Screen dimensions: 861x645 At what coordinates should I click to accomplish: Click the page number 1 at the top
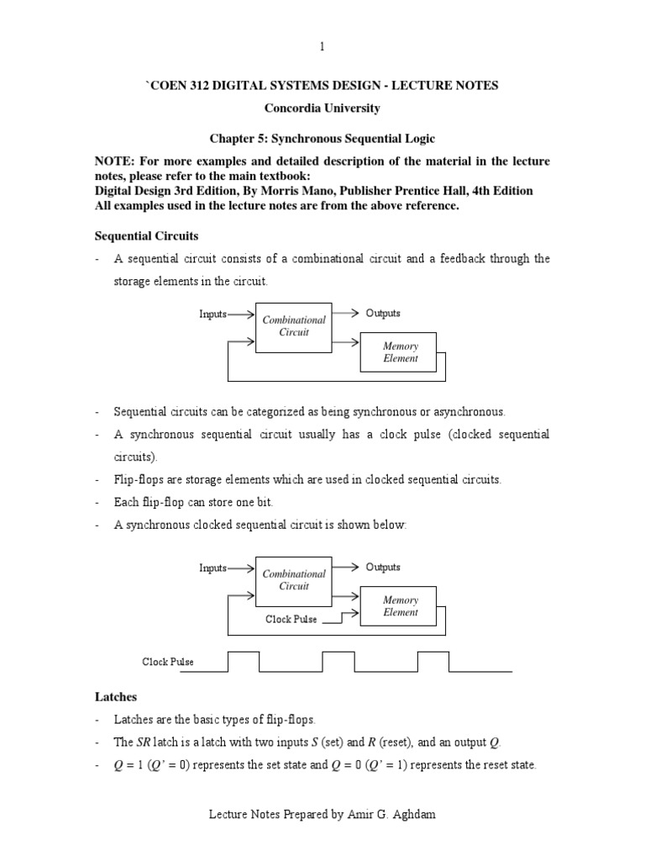(x=322, y=46)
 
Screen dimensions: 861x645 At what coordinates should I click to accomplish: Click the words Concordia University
(x=322, y=108)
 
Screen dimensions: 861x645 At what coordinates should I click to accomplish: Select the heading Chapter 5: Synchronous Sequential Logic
(x=322, y=138)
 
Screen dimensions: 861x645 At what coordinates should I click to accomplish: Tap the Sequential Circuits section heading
(x=146, y=237)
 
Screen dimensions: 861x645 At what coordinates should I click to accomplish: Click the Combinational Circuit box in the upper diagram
(x=293, y=326)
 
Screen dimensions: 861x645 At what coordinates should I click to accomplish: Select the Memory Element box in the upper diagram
(x=400, y=351)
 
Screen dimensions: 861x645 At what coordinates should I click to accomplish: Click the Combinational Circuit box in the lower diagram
(x=293, y=580)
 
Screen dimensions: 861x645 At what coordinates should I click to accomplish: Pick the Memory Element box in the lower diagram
(x=400, y=606)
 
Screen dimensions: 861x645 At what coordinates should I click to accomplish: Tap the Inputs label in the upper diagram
(x=212, y=314)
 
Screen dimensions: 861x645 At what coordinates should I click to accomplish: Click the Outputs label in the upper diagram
(x=383, y=314)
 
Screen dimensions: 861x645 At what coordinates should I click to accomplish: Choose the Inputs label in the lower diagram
(x=212, y=568)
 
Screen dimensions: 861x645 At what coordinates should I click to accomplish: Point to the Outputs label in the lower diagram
(x=383, y=568)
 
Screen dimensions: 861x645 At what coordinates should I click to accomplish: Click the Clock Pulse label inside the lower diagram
(x=291, y=620)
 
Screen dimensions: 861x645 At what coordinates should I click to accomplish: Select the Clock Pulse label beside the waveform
(x=168, y=663)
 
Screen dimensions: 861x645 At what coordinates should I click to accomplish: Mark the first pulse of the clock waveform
(x=243, y=661)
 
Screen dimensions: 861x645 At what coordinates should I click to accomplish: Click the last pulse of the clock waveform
(x=433, y=661)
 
